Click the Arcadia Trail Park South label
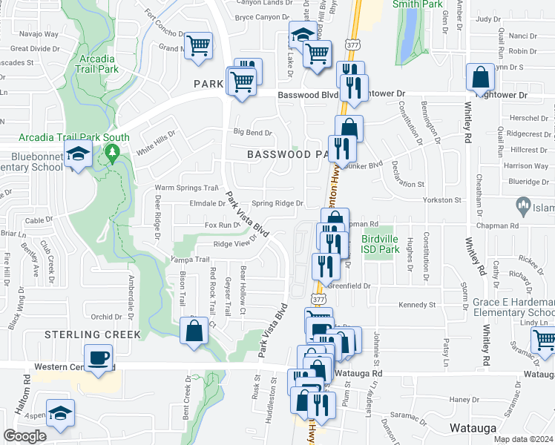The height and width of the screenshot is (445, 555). pyautogui.click(x=74, y=137)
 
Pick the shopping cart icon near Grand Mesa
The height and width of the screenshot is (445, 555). pyautogui.click(x=198, y=47)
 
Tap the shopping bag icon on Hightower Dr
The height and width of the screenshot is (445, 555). pyautogui.click(x=481, y=77)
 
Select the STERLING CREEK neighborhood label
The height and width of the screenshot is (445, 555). pyautogui.click(x=92, y=334)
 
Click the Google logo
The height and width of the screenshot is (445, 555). pyautogui.click(x=25, y=436)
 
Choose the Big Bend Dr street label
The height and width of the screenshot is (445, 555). pyautogui.click(x=253, y=133)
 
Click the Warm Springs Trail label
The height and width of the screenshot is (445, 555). pyautogui.click(x=186, y=188)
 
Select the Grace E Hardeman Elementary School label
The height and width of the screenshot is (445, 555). pyautogui.click(x=513, y=308)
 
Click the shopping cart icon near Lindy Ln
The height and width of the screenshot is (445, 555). pyautogui.click(x=545, y=340)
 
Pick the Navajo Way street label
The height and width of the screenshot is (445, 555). pyautogui.click(x=39, y=34)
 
